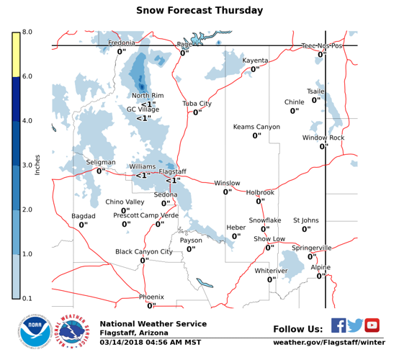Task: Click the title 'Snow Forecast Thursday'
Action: click(199, 11)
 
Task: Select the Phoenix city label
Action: click(151, 297)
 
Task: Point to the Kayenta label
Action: click(255, 60)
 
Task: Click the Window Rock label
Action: click(323, 138)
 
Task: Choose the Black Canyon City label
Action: click(144, 252)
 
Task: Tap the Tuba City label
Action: click(197, 104)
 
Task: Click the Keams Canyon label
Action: click(256, 127)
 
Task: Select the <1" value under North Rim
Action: click(148, 104)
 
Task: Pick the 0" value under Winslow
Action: click(227, 192)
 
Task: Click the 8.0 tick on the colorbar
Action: click(27, 32)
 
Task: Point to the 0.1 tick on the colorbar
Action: click(27, 298)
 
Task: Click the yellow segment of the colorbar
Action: click(16, 54)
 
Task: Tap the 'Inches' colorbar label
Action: click(37, 166)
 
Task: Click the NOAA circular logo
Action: click(35, 333)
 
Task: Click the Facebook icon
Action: click(339, 325)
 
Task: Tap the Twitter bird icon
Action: click(355, 325)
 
